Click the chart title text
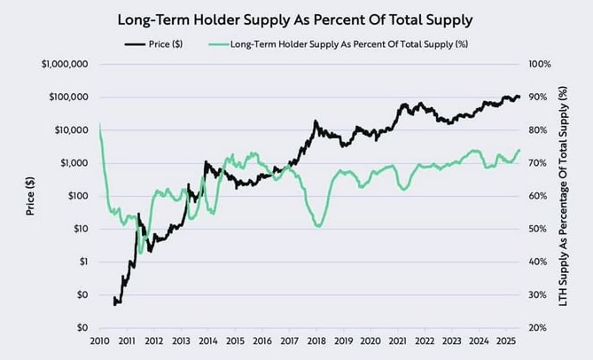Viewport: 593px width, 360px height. coord(296,18)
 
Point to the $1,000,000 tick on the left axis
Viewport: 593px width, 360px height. coord(61,65)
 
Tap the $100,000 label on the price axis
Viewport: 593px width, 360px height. coord(65,98)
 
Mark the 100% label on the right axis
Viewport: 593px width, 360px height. coord(540,65)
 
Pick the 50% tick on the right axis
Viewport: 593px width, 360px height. coord(537,229)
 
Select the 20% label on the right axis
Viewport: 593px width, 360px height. coord(537,327)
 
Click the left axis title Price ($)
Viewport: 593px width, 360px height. coord(30,196)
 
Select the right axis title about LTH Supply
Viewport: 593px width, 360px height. coord(564,196)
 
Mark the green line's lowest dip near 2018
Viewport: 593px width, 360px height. coord(317,227)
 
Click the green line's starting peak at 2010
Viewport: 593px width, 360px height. coord(98,124)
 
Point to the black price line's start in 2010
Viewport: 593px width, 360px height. coord(114,304)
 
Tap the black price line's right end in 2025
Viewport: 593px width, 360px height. coord(519,97)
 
